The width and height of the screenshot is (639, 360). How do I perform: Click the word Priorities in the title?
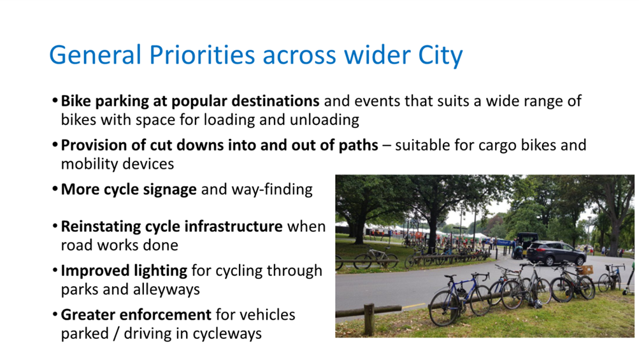tap(202, 55)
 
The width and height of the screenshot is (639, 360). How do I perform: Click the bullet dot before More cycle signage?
tap(55, 190)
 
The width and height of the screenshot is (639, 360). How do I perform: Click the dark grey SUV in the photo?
tap(556, 253)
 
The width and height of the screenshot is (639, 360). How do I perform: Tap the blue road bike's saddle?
tap(449, 277)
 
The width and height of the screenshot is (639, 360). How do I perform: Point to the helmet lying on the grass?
tap(538, 303)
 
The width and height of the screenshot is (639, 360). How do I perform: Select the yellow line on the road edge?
tap(413, 306)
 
